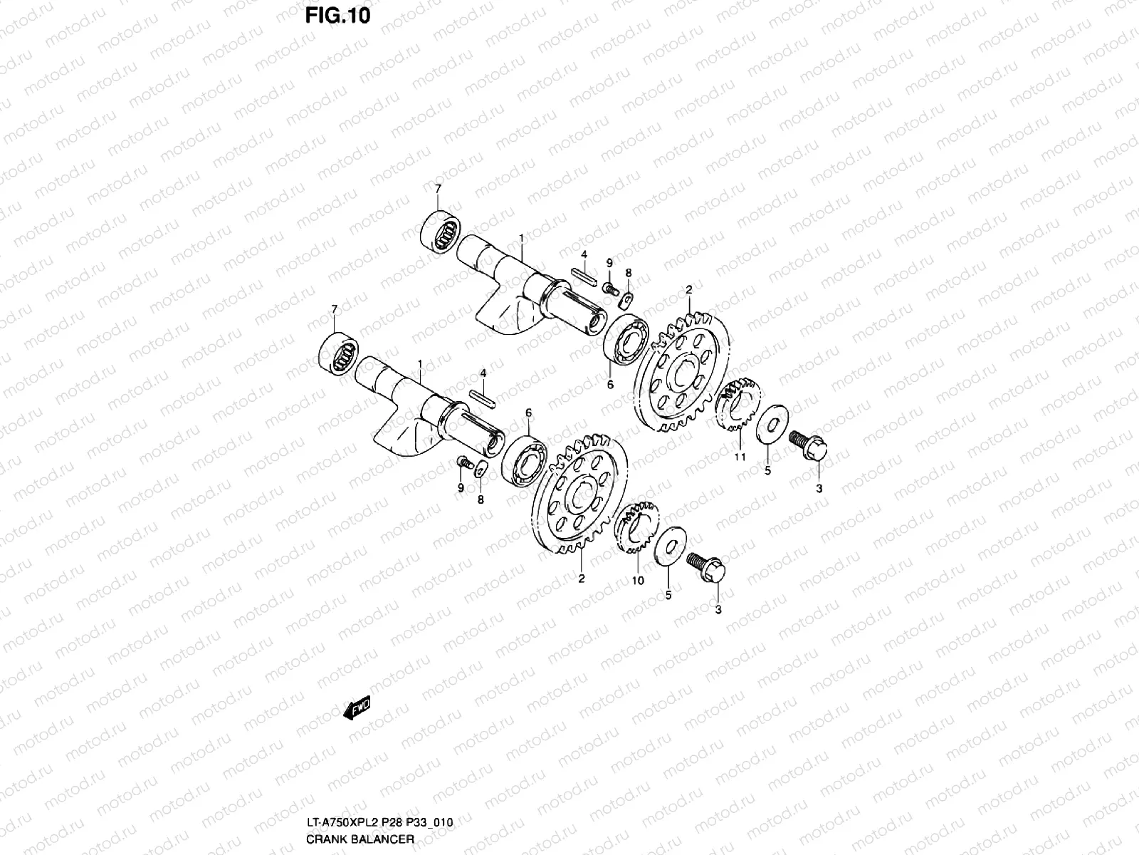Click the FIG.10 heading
click(337, 15)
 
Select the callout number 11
click(740, 457)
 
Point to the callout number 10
click(637, 580)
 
